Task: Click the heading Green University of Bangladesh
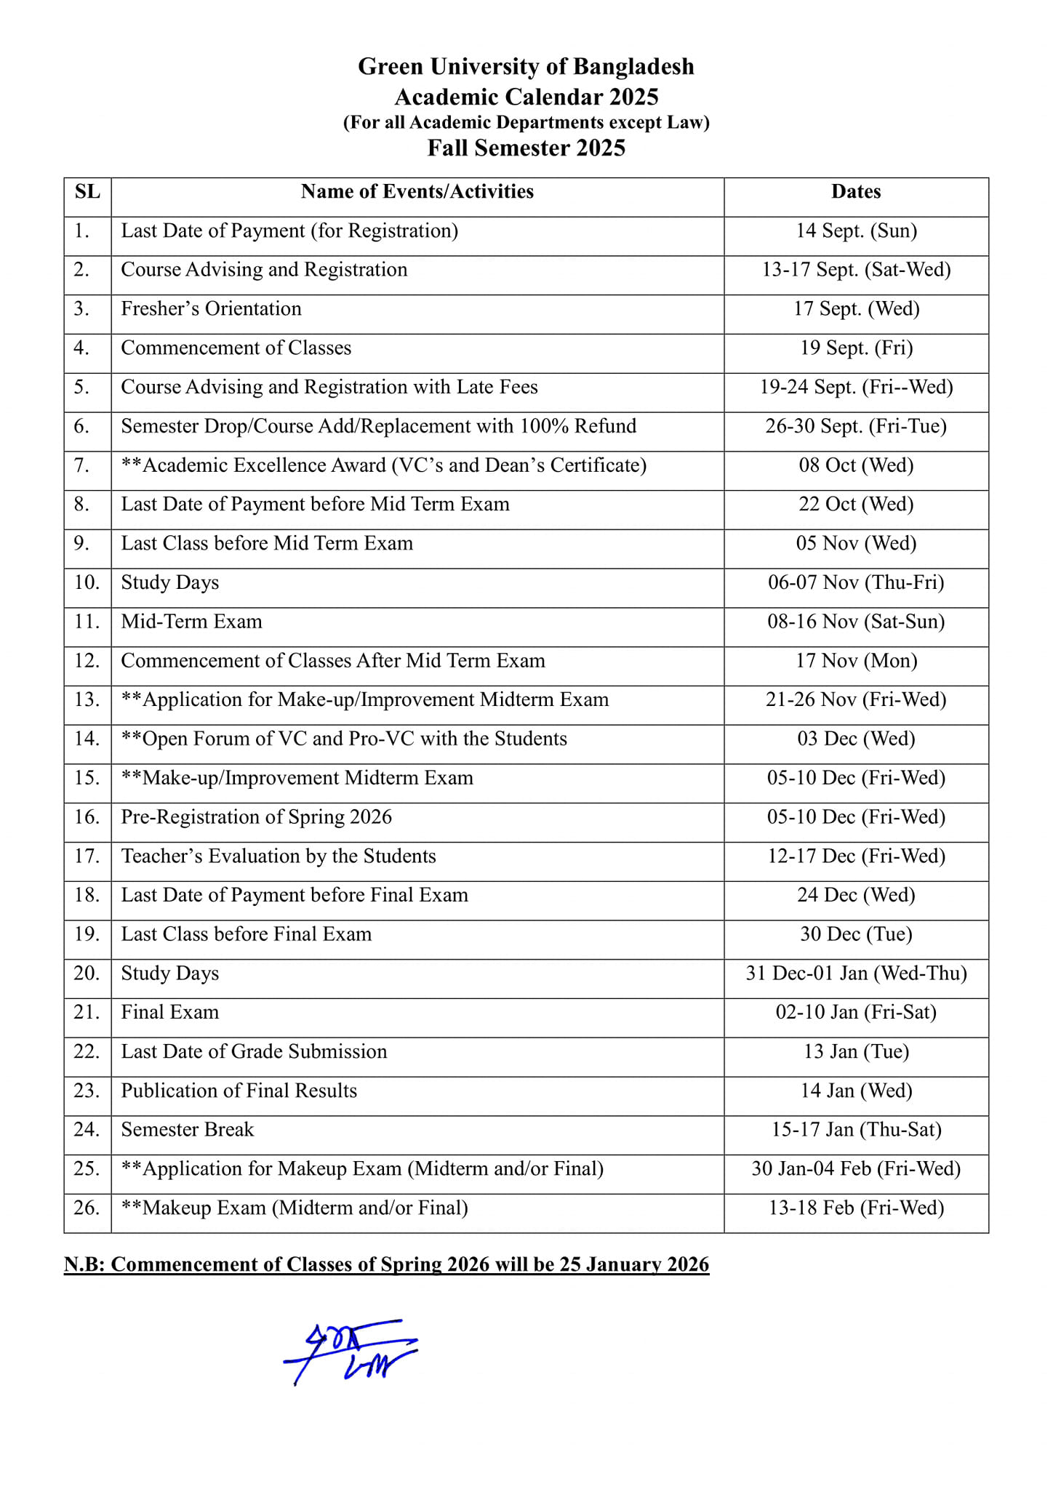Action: (526, 66)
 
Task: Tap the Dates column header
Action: (856, 191)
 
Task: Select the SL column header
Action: (87, 191)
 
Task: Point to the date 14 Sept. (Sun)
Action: (856, 230)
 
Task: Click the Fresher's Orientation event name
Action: (211, 308)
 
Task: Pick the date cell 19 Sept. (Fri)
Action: (856, 348)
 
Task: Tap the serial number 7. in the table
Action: (81, 465)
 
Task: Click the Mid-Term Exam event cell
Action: (191, 622)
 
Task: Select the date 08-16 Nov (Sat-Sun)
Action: (856, 622)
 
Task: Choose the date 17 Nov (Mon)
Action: (856, 660)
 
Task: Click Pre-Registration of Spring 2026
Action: (256, 816)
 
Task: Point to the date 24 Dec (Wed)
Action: (856, 895)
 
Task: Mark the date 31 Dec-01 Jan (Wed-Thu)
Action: (856, 973)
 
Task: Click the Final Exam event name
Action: (169, 1012)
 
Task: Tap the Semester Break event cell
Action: (187, 1129)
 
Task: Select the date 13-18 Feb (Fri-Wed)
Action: (856, 1208)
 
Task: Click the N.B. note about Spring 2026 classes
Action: (386, 1264)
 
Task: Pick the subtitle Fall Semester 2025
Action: (526, 148)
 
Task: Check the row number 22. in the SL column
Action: (87, 1051)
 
